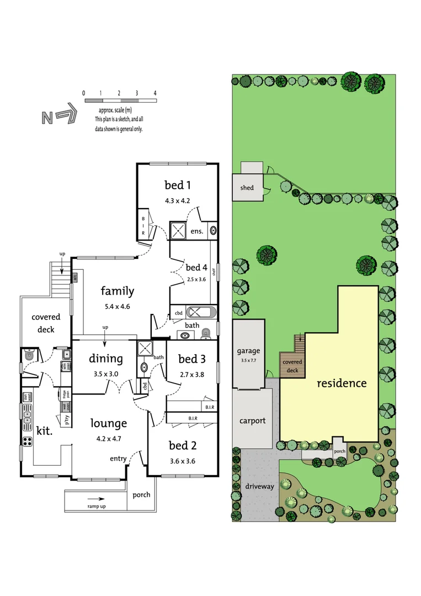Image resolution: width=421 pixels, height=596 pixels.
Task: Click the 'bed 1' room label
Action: [177, 184]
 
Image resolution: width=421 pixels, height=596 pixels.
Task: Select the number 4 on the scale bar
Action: [155, 93]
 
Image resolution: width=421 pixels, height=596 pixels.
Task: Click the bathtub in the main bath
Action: [202, 312]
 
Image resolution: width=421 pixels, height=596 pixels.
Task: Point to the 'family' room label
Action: [117, 291]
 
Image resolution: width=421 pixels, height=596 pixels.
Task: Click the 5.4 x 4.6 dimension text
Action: [117, 306]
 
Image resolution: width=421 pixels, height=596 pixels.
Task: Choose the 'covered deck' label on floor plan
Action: [46, 323]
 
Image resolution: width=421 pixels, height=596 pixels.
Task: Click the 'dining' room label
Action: [106, 359]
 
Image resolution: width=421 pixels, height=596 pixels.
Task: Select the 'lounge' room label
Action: [109, 423]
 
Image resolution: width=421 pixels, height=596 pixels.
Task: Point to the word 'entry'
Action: [118, 459]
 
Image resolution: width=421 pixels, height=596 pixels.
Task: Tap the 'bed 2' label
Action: [183, 445]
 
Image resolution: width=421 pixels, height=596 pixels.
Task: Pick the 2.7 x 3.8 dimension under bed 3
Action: [191, 374]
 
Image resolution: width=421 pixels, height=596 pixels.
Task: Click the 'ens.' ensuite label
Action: [197, 231]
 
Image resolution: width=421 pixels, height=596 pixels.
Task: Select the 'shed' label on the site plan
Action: [247, 188]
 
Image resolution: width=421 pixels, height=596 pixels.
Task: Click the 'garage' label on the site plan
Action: [248, 351]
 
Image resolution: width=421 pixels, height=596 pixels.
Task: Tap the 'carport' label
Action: [252, 421]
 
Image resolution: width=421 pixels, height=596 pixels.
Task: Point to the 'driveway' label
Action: [260, 487]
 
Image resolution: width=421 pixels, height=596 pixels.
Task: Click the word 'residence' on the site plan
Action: [341, 382]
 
